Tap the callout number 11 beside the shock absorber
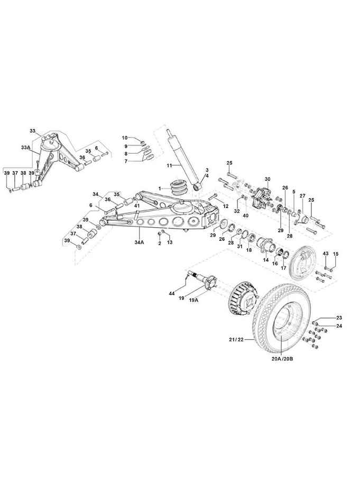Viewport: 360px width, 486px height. pyautogui.click(x=170, y=166)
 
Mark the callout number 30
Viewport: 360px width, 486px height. pyautogui.click(x=267, y=180)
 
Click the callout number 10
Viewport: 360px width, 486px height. pyautogui.click(x=125, y=138)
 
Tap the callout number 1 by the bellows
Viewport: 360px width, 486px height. pyautogui.click(x=159, y=188)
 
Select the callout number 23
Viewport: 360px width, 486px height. pyautogui.click(x=339, y=317)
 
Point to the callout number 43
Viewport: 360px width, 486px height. pyautogui.click(x=326, y=254)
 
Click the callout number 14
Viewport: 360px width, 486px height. pyautogui.click(x=266, y=260)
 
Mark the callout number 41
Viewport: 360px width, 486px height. pyautogui.click(x=136, y=205)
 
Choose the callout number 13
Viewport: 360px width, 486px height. pyautogui.click(x=170, y=242)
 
